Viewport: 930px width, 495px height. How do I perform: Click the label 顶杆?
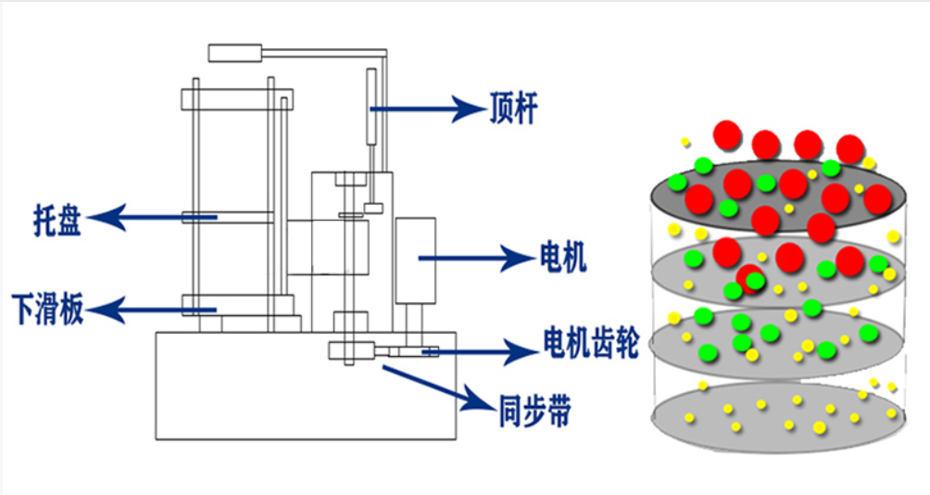point(512,109)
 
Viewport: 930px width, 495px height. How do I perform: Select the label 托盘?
point(57,220)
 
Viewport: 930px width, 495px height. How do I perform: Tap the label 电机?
point(562,257)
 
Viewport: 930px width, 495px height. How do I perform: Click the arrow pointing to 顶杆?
point(426,109)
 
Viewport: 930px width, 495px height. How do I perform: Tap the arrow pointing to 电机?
point(472,258)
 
